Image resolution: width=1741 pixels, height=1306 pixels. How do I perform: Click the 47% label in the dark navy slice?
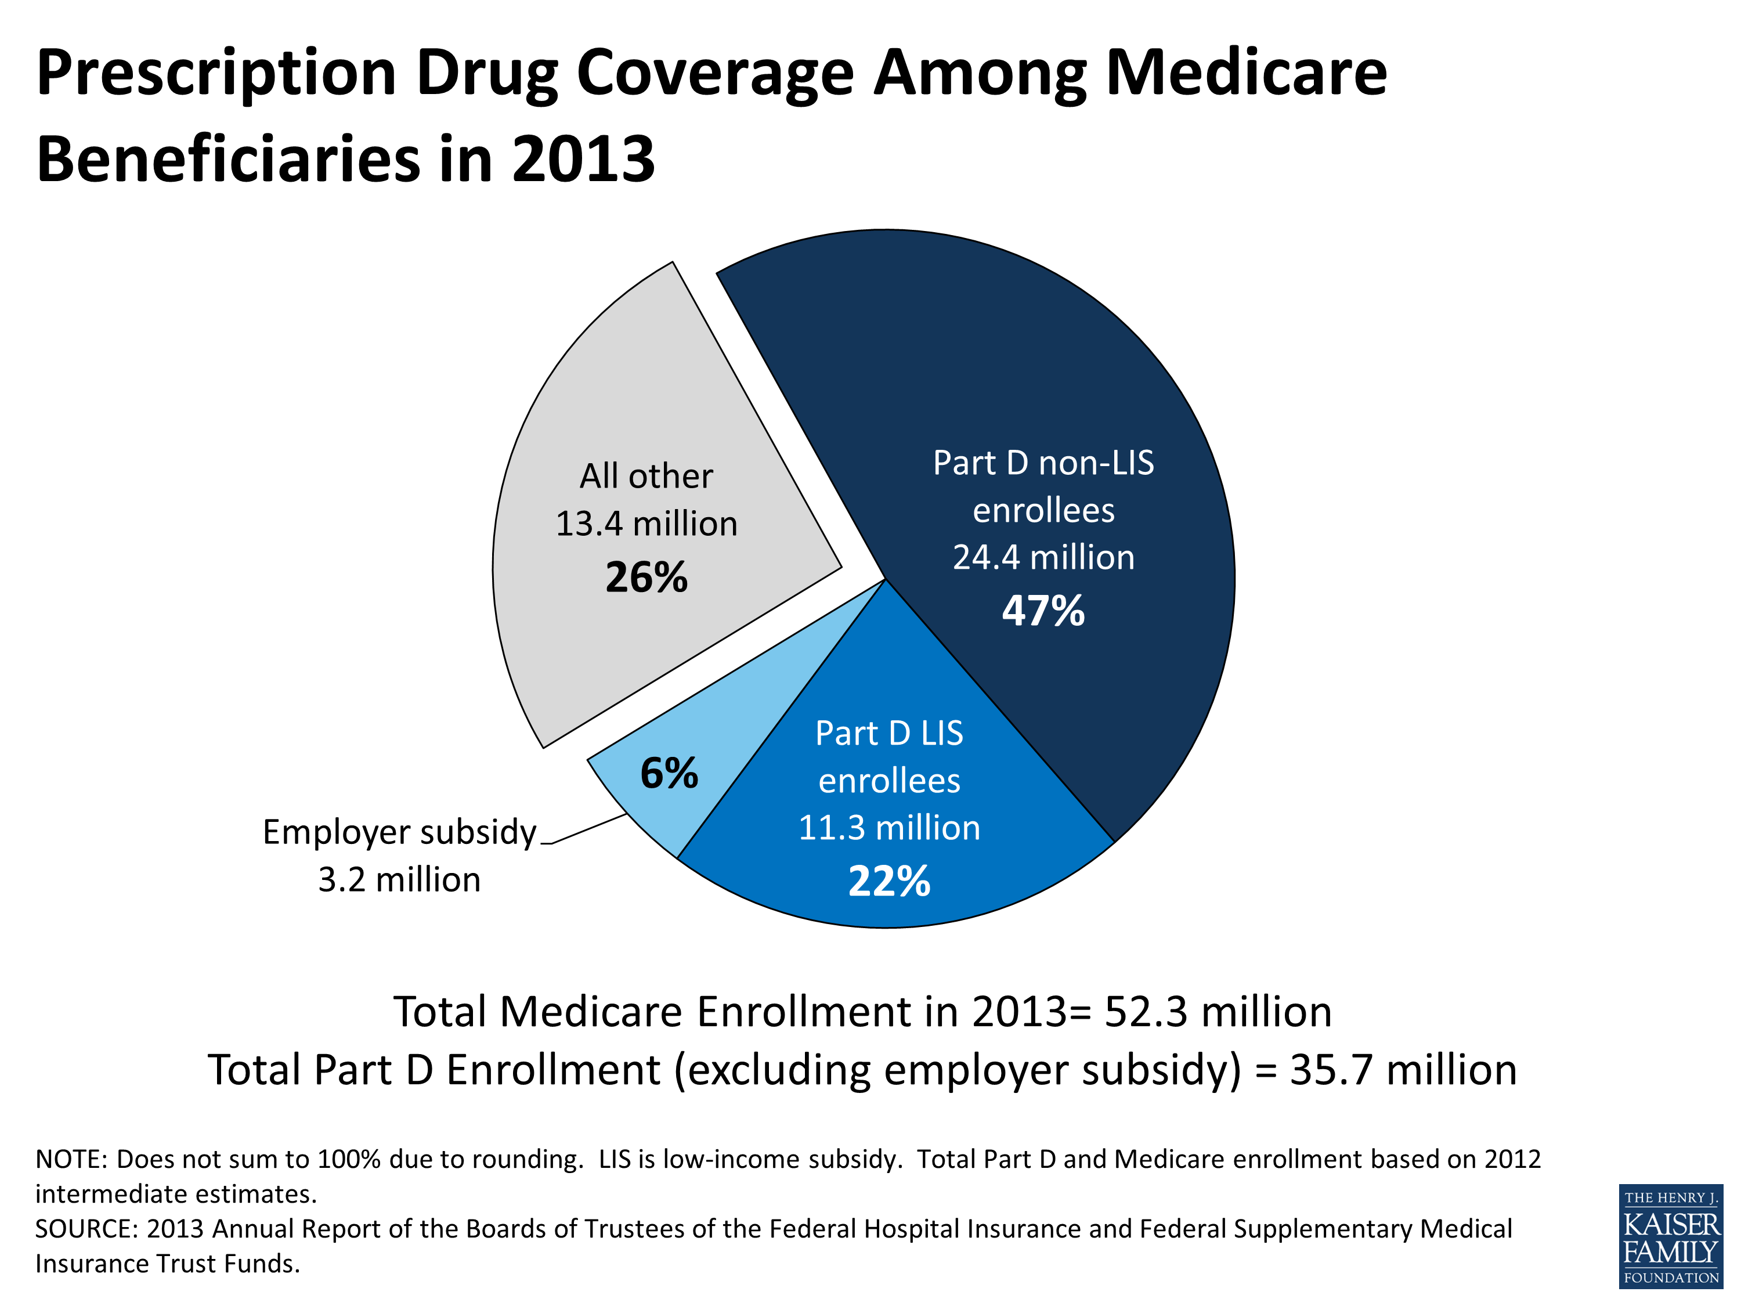coord(1043,611)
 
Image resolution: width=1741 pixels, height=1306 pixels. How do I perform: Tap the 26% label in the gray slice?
coord(646,577)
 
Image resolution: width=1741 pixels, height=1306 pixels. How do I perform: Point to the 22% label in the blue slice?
coord(890,881)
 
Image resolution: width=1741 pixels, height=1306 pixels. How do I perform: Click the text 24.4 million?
coord(1043,557)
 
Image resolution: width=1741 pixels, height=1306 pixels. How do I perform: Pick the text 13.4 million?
coord(646,524)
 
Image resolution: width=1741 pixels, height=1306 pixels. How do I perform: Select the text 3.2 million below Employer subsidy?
coord(399,880)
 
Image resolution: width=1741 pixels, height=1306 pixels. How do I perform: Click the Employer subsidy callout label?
coord(399,832)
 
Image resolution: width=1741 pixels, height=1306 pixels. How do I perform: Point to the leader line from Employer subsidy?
coord(588,829)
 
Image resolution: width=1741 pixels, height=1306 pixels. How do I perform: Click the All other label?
coord(646,477)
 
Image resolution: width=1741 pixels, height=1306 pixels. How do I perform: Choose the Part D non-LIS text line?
coord(1043,463)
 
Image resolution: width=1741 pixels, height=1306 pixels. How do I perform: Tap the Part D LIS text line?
coord(890,734)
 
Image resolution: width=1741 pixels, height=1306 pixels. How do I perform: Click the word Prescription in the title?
coord(216,73)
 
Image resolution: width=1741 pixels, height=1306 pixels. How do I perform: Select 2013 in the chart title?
coord(583,160)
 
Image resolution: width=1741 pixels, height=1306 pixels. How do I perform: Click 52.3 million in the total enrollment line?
coord(1218,1012)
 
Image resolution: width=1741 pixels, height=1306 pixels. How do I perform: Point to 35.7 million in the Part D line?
coord(1403,1070)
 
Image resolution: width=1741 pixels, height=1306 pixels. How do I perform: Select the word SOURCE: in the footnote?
coord(86,1229)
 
